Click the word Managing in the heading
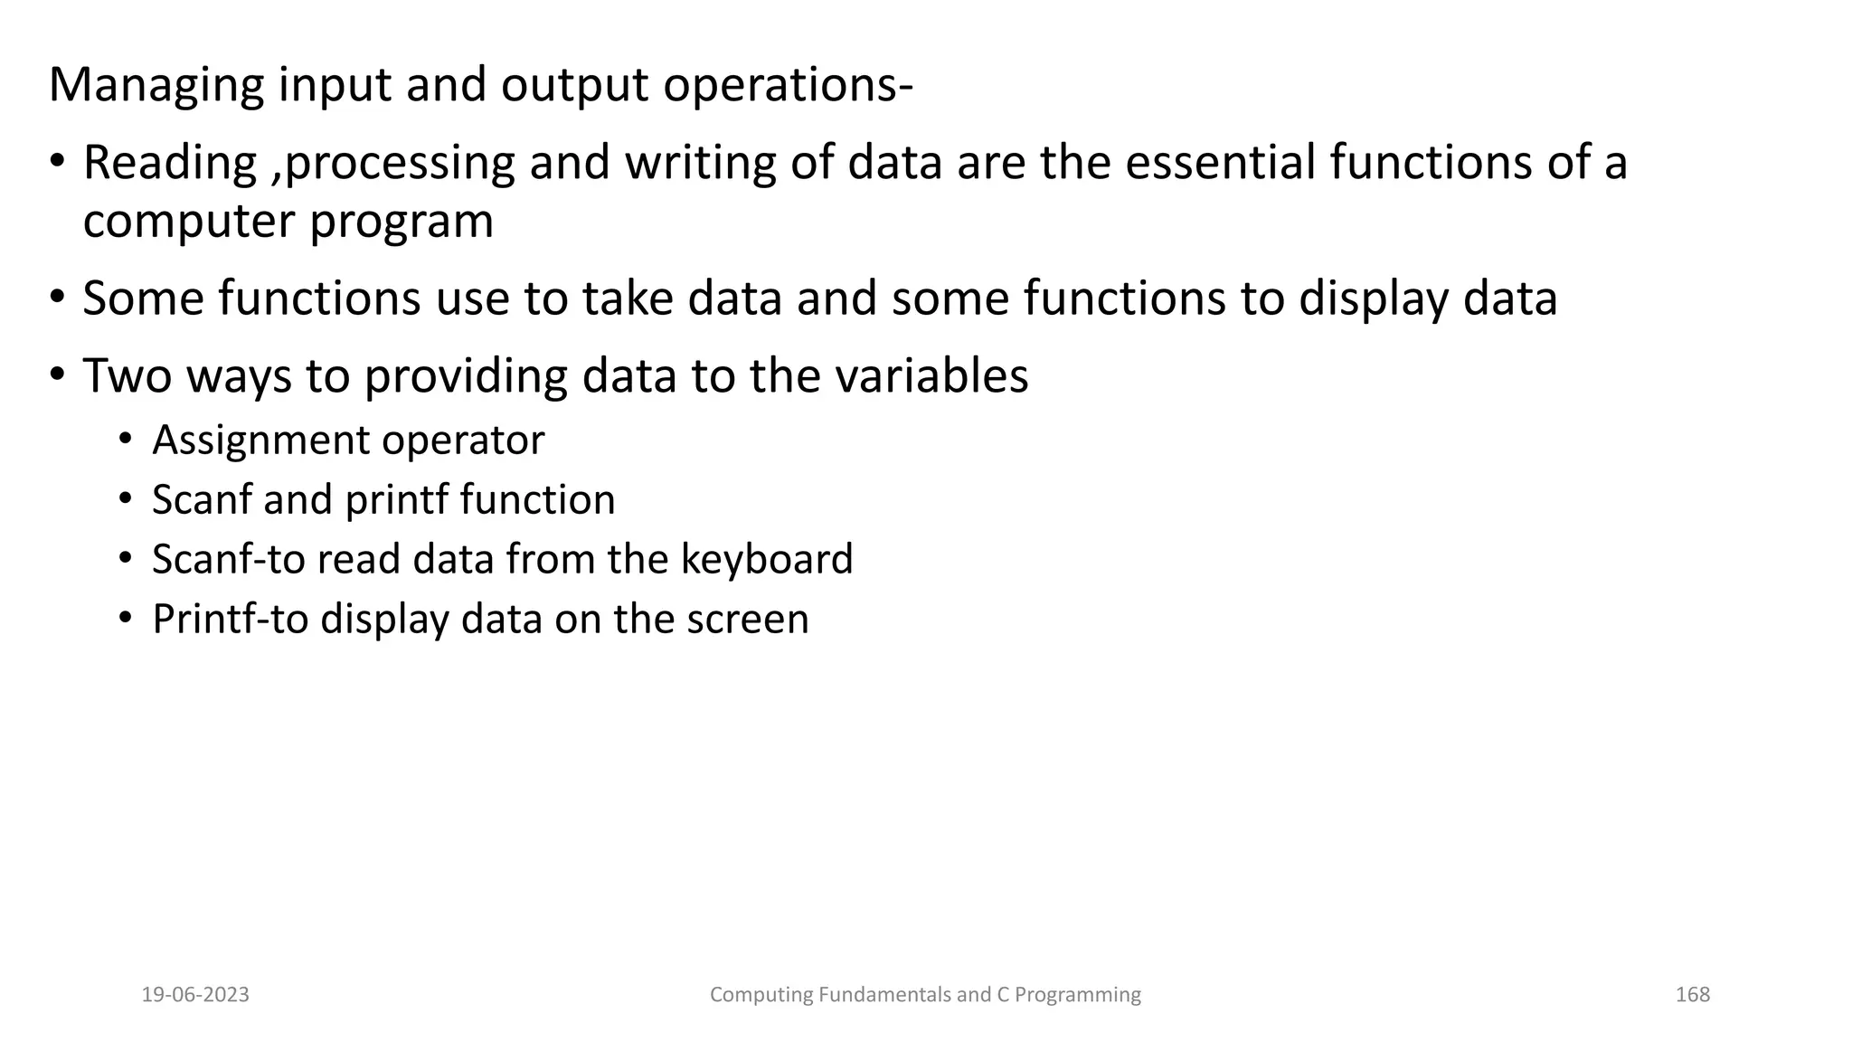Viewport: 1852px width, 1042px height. coord(156,86)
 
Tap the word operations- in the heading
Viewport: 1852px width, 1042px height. coord(788,86)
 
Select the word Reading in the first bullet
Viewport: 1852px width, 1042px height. coord(170,164)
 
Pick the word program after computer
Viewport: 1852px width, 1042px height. coord(402,223)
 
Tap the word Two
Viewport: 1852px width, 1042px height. coord(127,375)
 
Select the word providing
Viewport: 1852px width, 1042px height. coord(465,375)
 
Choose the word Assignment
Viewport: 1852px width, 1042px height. coord(260,441)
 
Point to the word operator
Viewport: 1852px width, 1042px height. coord(463,441)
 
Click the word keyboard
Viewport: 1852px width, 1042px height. coord(766,559)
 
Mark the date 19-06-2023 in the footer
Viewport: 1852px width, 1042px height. coord(195,995)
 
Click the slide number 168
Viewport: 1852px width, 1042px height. coord(1692,995)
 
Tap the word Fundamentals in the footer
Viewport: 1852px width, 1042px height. coord(883,995)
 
